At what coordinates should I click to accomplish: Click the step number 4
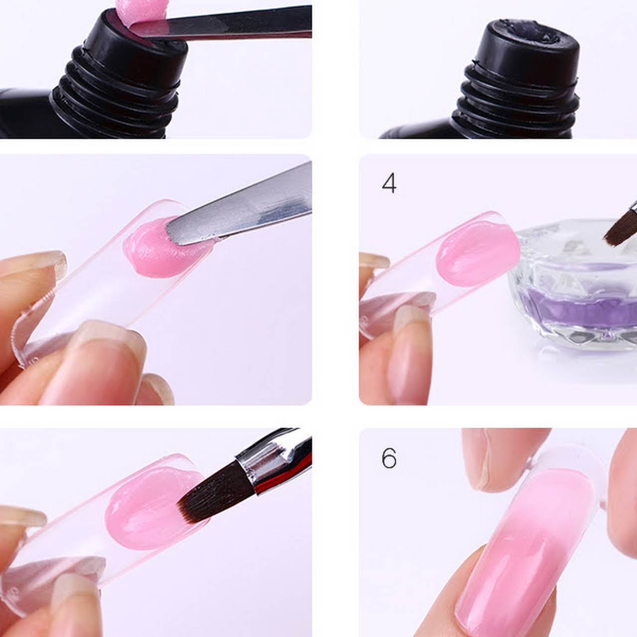click(x=389, y=184)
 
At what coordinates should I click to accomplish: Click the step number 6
click(x=389, y=458)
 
